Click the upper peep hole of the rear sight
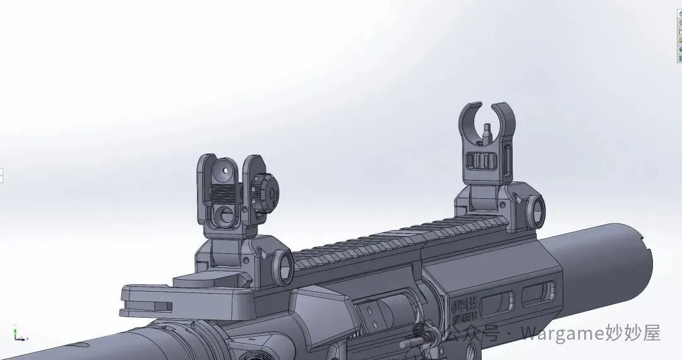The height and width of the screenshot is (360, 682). [224, 169]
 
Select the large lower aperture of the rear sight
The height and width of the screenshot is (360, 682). [224, 215]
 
